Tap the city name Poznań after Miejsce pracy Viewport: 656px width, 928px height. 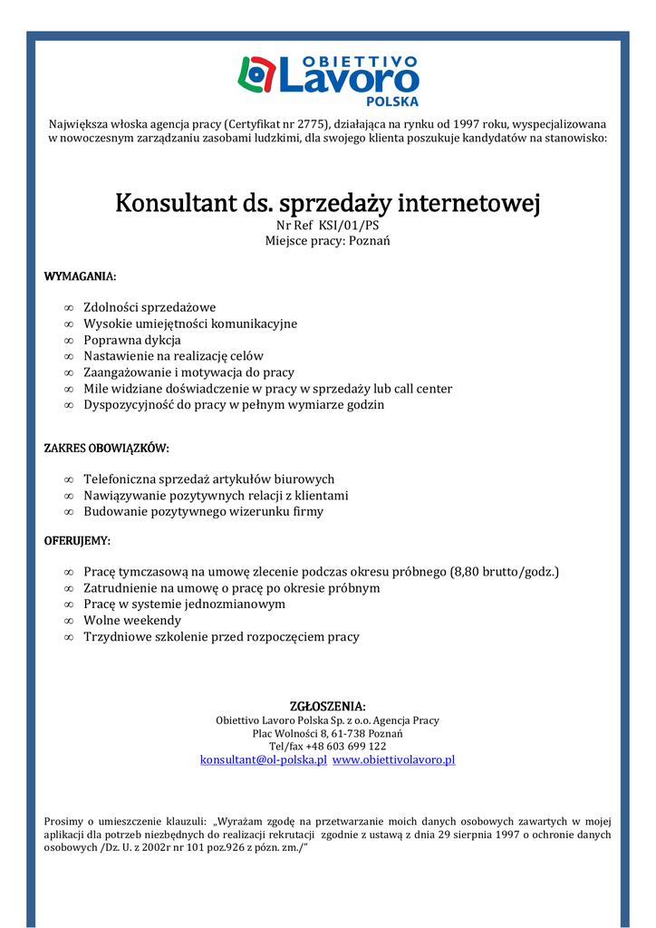tap(369, 241)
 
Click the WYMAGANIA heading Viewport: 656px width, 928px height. tap(80, 276)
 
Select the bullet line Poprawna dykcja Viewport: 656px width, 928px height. tap(132, 340)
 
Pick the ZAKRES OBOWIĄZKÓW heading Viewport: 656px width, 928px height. tap(106, 449)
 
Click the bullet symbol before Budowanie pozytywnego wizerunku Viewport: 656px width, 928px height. tap(69, 512)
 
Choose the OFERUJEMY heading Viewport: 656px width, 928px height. tap(77, 541)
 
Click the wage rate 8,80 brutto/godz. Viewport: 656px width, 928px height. tap(506, 572)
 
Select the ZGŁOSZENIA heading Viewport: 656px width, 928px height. tap(327, 706)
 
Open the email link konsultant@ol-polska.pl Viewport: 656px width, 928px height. tap(263, 760)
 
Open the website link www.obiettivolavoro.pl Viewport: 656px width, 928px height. tap(393, 760)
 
